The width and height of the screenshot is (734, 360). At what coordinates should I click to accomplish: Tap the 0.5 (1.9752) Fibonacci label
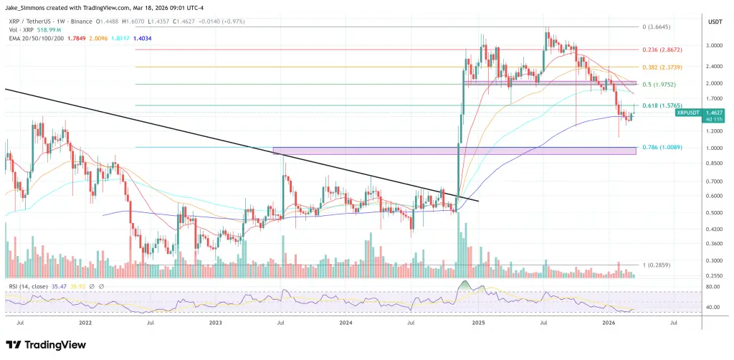[659, 84]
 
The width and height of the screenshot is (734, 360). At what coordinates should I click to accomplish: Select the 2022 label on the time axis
[85, 323]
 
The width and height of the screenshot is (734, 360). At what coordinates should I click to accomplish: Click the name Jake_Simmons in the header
[24, 6]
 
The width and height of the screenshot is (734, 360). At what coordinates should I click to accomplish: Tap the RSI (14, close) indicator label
[29, 285]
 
